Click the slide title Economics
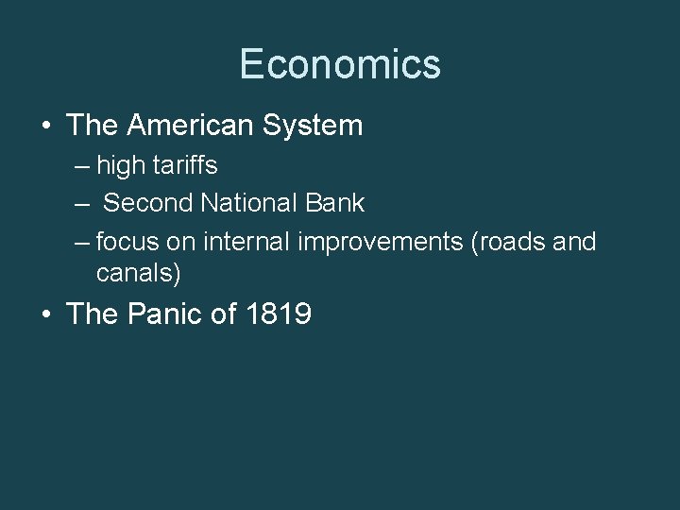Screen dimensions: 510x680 point(340,65)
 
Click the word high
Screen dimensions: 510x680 point(117,166)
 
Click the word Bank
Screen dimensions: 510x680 point(339,203)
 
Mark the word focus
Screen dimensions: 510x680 point(127,242)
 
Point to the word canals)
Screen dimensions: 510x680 point(139,274)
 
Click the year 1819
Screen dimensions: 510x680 point(278,314)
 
